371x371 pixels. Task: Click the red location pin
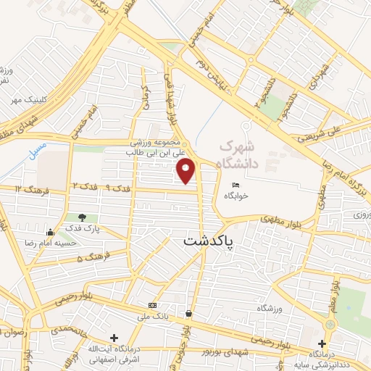click(187, 171)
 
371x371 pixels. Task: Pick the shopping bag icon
click(189, 314)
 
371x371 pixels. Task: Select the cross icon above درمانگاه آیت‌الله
click(114, 338)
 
